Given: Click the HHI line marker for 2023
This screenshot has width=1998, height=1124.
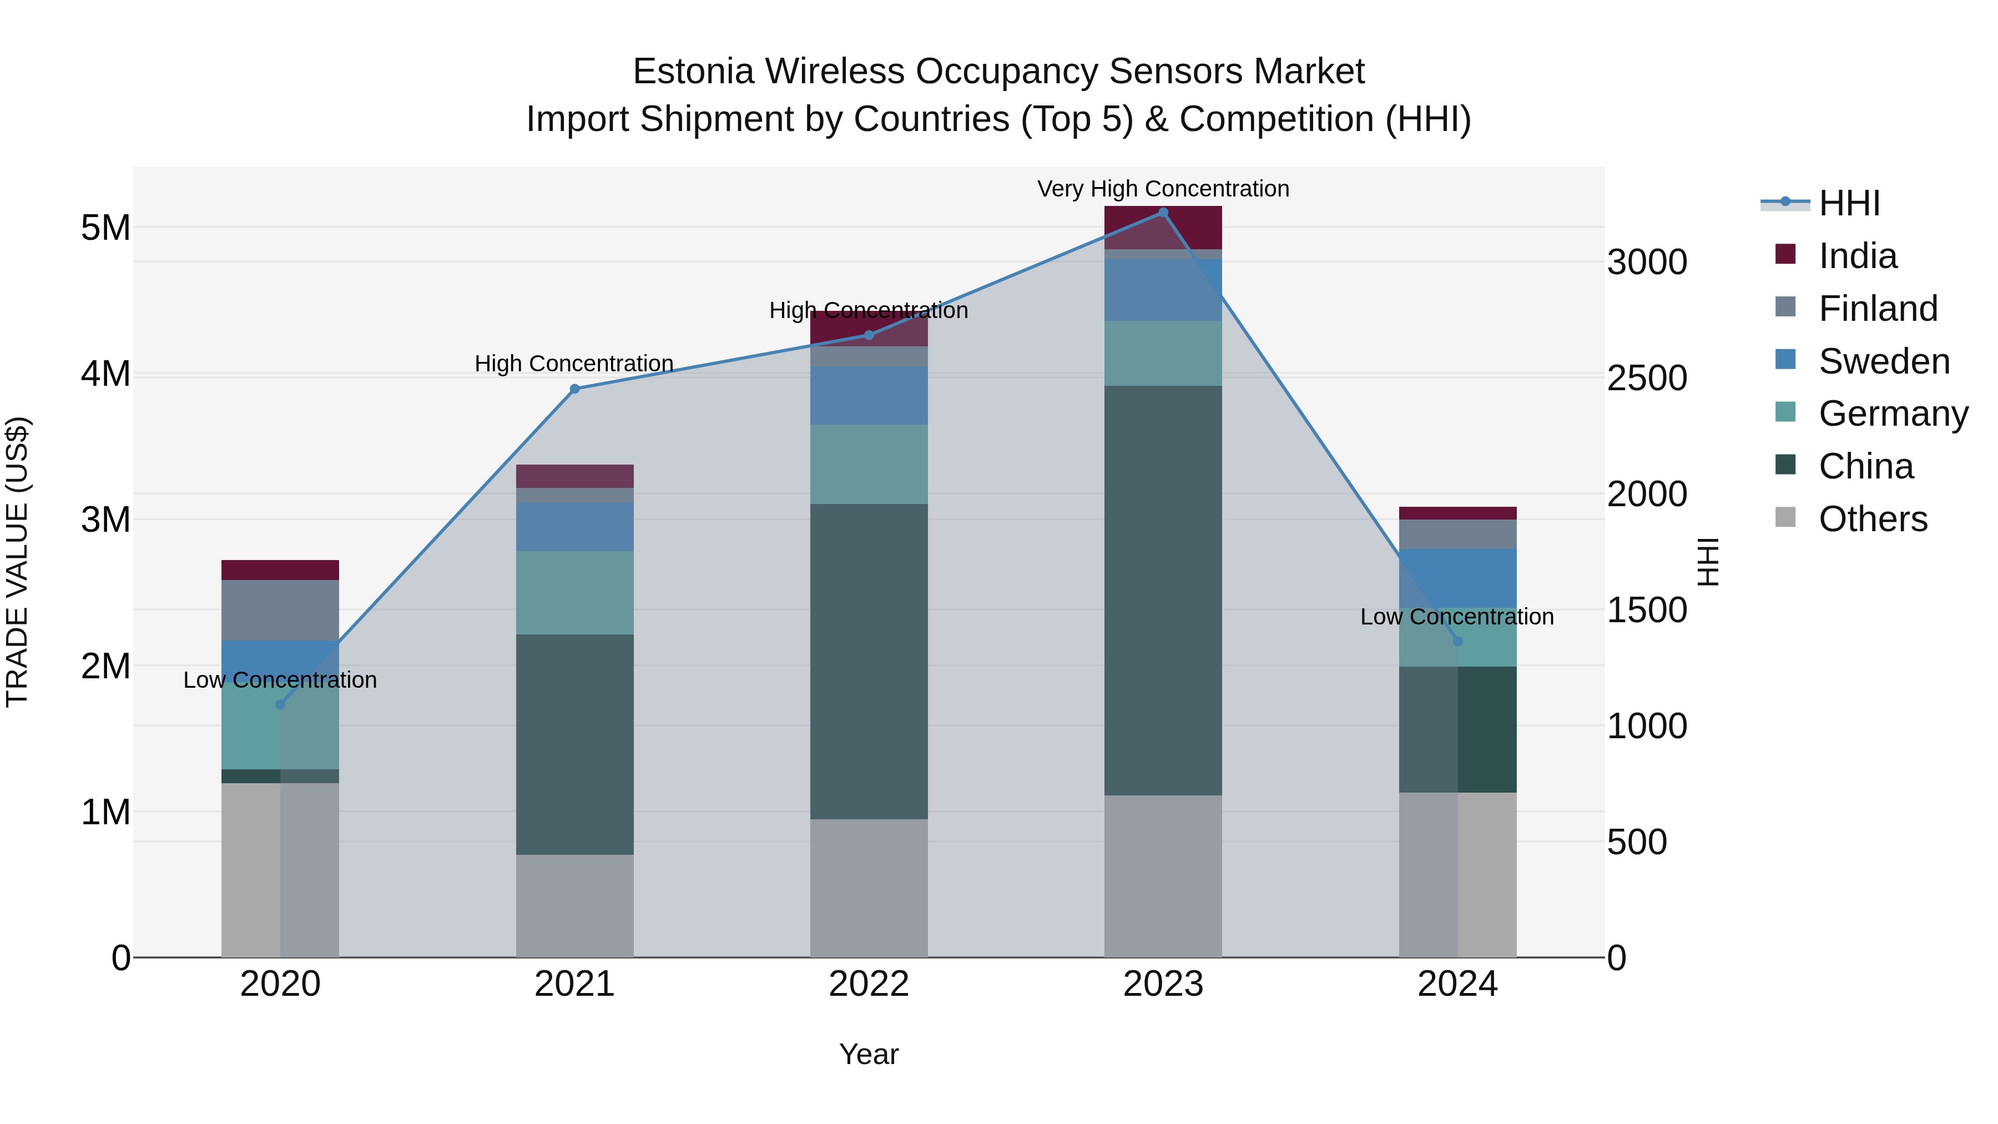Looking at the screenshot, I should coord(1163,213).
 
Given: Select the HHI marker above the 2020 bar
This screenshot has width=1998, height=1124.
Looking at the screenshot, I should coord(281,704).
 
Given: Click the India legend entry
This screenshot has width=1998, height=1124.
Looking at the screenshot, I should coord(1857,256).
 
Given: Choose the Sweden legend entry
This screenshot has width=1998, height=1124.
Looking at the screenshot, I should coord(1883,361).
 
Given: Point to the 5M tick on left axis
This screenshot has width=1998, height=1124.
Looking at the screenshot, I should coord(105,228).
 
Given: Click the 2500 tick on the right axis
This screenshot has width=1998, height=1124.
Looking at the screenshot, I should coord(1646,379).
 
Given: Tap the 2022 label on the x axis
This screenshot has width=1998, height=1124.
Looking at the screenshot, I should coord(869,984).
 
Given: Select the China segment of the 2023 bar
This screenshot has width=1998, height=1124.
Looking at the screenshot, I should coord(1163,589).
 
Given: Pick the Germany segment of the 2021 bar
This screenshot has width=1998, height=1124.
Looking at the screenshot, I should coord(575,593).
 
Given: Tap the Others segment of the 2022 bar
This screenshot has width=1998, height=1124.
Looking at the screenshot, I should coord(869,888).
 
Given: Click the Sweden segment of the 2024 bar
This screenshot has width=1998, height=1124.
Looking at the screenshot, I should coord(1457,578).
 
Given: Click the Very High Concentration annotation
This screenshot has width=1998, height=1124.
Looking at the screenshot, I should coord(1163,189).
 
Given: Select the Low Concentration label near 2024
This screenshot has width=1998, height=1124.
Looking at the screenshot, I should coord(1457,617).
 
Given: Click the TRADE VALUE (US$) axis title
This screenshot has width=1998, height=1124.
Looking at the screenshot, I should coord(17,562).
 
